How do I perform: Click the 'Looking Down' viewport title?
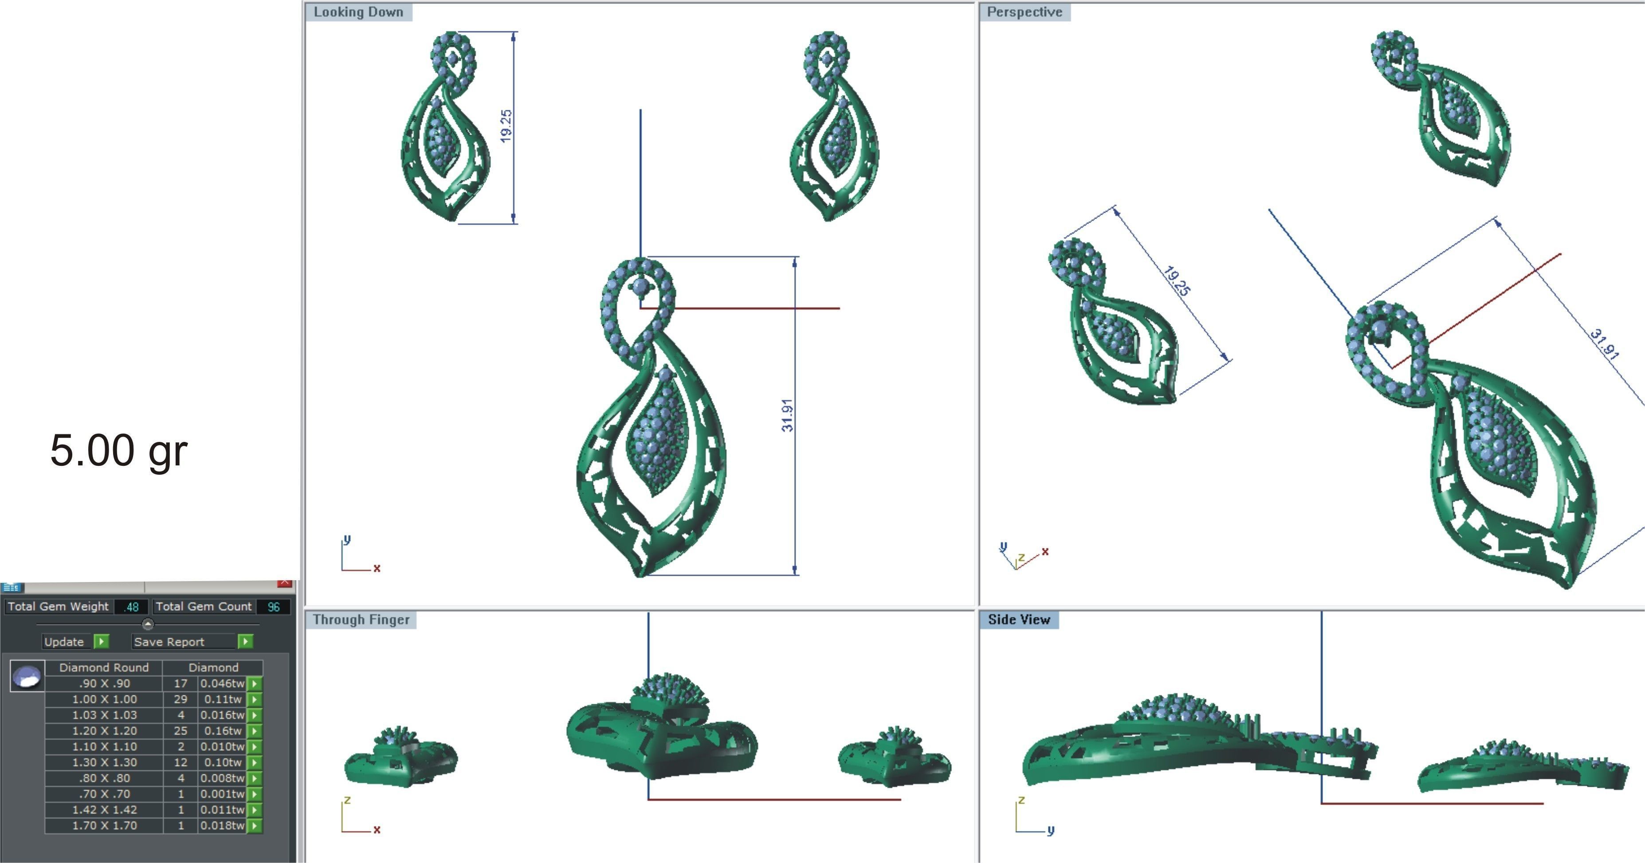(358, 12)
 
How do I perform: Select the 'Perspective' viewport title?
(1024, 12)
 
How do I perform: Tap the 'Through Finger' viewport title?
(361, 620)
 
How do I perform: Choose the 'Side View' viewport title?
(1019, 620)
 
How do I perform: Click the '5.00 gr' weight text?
(119, 451)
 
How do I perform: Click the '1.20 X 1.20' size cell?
(104, 731)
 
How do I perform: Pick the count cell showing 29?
(181, 699)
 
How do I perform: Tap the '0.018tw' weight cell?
(222, 825)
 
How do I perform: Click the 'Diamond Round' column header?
(104, 668)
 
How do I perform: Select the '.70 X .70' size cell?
(104, 794)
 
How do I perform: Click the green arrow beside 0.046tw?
(255, 683)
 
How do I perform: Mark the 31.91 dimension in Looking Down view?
(787, 415)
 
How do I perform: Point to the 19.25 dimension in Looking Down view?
(506, 126)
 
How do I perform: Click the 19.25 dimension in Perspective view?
(1176, 281)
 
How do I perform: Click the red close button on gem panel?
(285, 583)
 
